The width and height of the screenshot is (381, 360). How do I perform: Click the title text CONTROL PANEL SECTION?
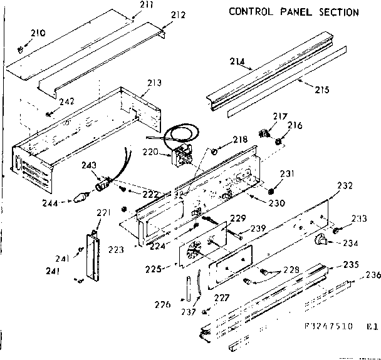(293, 12)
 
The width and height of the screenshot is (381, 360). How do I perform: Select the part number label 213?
(154, 83)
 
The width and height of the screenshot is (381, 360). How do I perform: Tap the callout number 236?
(373, 274)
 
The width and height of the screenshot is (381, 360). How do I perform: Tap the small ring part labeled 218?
(214, 151)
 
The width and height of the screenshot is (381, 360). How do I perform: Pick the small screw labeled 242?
(49, 113)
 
